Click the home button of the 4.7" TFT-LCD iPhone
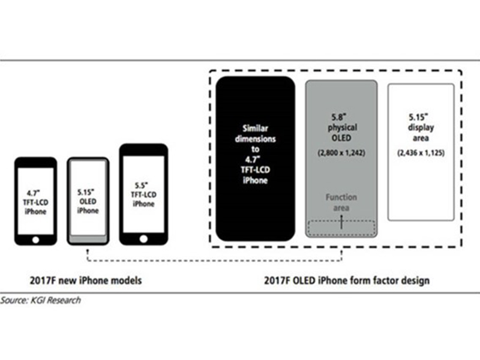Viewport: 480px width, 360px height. point(35,239)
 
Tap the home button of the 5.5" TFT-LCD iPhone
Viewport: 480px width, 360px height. point(143,239)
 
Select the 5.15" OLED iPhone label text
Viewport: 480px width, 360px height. point(88,202)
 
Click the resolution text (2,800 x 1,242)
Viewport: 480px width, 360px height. point(341,152)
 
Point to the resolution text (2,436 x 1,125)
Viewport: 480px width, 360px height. point(421,152)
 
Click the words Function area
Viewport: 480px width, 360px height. point(341,202)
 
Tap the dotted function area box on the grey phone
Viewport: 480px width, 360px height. point(341,228)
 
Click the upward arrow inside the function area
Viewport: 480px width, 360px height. point(341,221)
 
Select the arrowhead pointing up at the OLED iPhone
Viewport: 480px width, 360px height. point(88,251)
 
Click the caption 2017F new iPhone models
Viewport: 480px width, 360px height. point(86,280)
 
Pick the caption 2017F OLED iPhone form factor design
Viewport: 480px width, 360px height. point(347,280)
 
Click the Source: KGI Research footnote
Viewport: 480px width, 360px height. point(40,300)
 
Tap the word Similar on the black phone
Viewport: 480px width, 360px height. point(256,128)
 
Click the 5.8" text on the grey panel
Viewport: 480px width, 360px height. point(339,117)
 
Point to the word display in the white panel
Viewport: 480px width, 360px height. point(421,128)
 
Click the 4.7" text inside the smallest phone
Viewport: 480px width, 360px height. point(33,193)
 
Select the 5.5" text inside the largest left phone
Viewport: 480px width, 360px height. point(142,185)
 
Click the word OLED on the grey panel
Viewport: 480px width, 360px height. point(341,138)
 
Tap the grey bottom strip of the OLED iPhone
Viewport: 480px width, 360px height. point(88,239)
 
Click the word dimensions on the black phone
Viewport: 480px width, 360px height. point(256,139)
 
